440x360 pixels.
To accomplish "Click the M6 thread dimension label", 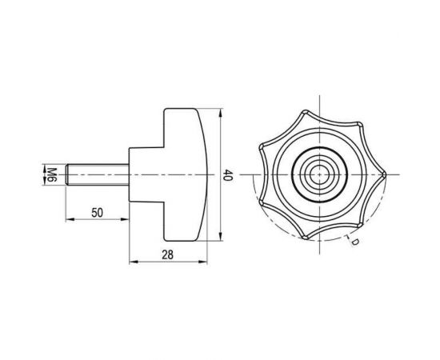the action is [52, 174].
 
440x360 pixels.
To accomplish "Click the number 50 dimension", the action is [97, 213].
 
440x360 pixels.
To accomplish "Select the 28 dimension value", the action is [168, 255].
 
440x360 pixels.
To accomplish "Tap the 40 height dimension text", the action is [227, 175].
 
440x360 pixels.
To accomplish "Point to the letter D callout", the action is [354, 242].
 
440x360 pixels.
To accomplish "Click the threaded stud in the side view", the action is [98, 174].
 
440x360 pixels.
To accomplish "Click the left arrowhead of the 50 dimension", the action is [70, 219].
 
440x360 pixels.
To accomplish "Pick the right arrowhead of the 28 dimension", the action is [202, 262].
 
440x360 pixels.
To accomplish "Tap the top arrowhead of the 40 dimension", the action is [221, 113].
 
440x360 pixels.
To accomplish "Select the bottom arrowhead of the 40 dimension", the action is [221, 237].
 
